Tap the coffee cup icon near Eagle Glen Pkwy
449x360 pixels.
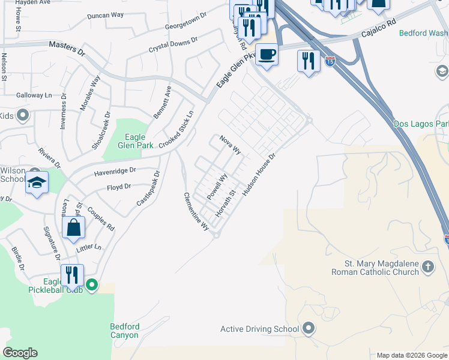[x=267, y=55]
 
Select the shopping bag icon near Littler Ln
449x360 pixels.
[x=73, y=228]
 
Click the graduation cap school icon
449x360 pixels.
[x=37, y=182]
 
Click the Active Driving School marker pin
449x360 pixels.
[x=309, y=328]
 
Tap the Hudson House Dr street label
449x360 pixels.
[x=259, y=175]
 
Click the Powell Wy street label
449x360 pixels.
[x=217, y=187]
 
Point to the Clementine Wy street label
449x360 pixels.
[x=196, y=212]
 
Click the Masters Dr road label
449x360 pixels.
[x=67, y=45]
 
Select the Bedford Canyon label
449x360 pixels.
[x=125, y=331]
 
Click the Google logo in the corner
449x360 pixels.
[x=20, y=353]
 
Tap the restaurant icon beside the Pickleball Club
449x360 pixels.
[x=72, y=275]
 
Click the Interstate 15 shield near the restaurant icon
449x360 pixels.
[x=330, y=61]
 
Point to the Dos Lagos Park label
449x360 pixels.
[x=421, y=124]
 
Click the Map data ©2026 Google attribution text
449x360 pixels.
[x=411, y=355]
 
